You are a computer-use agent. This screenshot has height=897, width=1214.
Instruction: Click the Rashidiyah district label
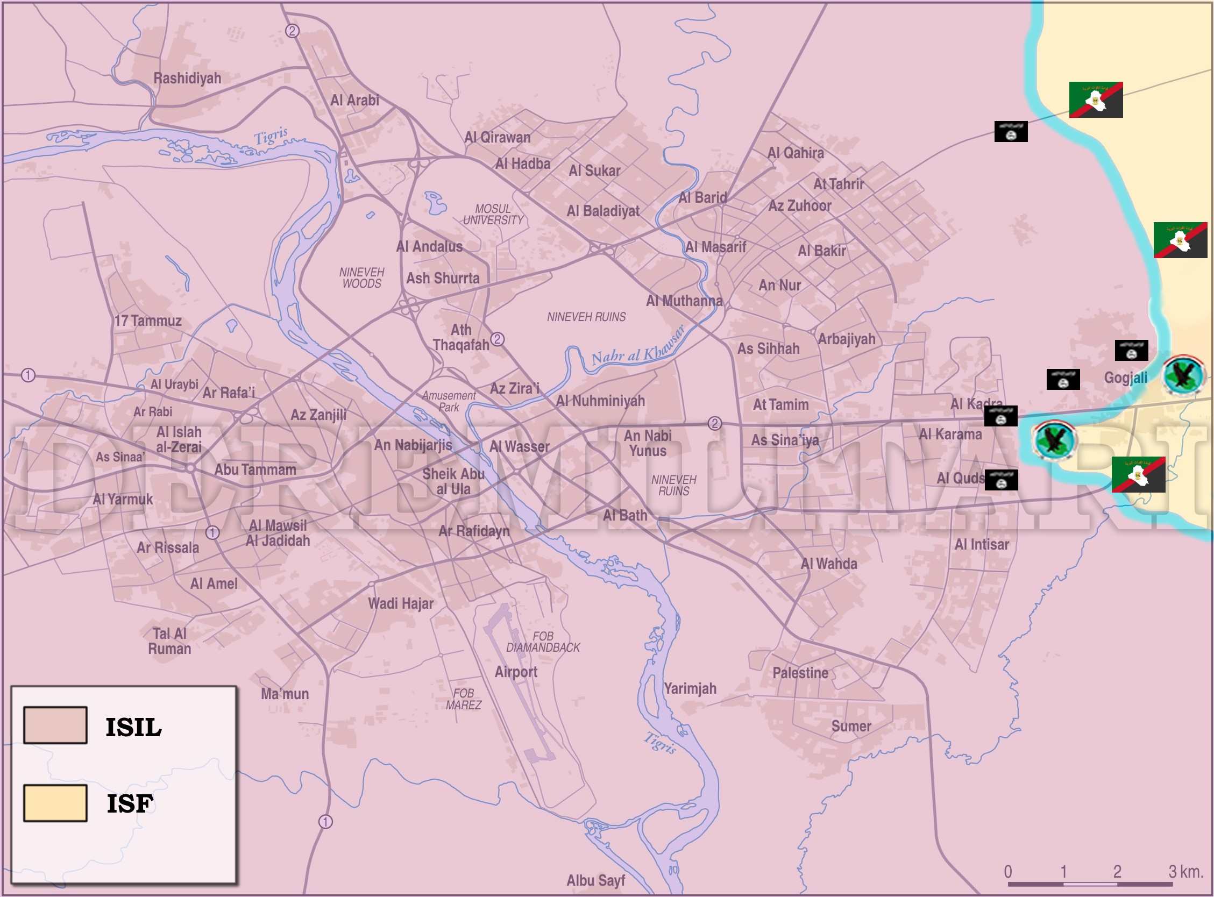pos(187,78)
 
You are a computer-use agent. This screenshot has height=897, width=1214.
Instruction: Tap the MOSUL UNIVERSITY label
pos(493,215)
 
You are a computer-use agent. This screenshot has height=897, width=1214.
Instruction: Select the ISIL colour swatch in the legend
pos(55,725)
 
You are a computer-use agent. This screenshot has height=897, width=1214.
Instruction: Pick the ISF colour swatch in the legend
pos(55,803)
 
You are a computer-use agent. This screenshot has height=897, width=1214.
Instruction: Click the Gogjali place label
pos(1125,378)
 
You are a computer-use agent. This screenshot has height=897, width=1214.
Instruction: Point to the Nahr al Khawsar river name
pos(637,347)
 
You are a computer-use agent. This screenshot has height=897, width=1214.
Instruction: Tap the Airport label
pos(516,672)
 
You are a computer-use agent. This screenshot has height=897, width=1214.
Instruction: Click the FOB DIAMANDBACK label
pos(543,642)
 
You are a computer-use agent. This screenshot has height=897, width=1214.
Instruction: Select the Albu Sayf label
pos(595,880)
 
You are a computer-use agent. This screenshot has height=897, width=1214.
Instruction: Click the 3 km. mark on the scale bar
pos(1185,872)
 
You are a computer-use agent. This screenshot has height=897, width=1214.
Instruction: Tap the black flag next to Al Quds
pos(1001,480)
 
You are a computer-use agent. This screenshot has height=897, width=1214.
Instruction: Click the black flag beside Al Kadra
pos(1000,416)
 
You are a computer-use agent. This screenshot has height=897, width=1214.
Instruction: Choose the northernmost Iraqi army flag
pos(1096,100)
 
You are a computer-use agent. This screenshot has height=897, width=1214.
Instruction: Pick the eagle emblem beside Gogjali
pos(1183,375)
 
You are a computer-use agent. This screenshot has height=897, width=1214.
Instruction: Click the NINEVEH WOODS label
pos(361,277)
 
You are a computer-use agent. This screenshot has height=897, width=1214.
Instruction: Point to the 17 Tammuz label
pos(148,321)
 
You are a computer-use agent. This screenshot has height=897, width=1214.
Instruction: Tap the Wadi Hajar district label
pos(401,603)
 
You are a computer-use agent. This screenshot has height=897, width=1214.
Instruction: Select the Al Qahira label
pos(796,153)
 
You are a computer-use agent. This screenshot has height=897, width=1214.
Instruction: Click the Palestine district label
pos(800,673)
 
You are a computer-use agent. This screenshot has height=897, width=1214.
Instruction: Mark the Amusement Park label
pos(449,401)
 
